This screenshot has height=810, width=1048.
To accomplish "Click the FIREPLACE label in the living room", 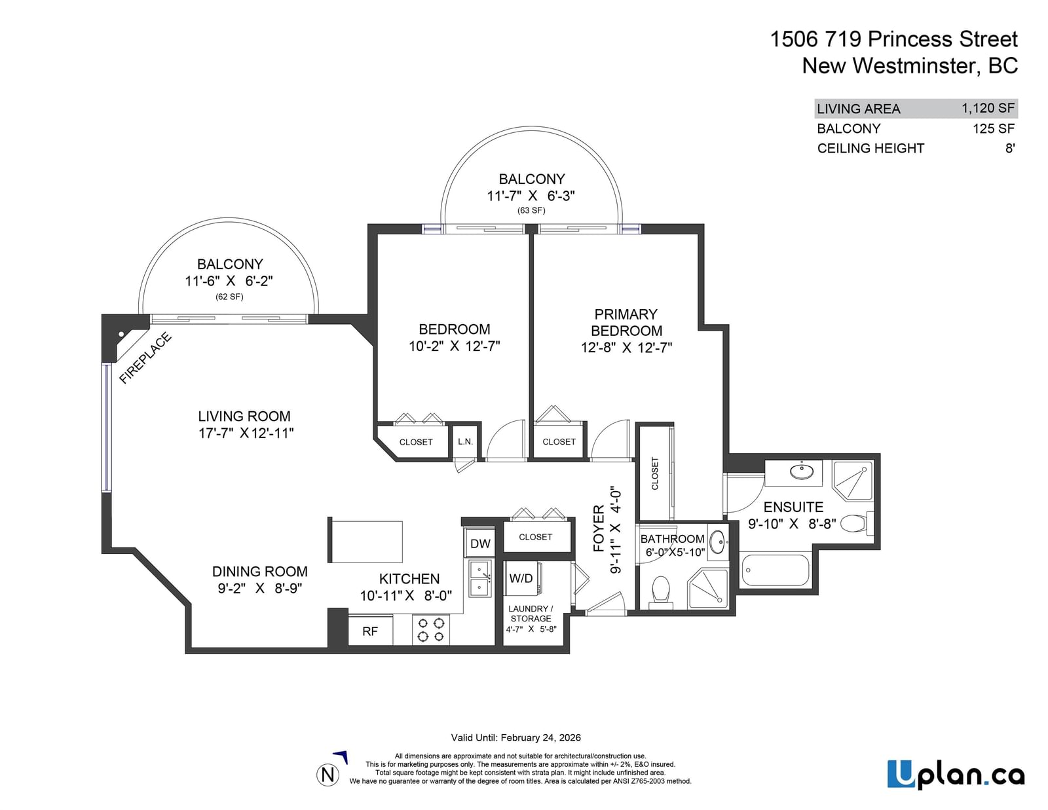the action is coord(145,358).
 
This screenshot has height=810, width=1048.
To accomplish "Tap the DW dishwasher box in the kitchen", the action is coord(480,543).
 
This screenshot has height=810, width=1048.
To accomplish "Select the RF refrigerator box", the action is coord(370,631).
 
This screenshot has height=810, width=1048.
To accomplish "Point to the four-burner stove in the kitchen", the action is coord(431,630).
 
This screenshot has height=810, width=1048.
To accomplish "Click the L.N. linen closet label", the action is coord(465,441).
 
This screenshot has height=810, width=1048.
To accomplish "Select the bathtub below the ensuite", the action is coord(775,570).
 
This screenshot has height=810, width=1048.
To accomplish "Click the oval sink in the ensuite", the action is coord(802,472).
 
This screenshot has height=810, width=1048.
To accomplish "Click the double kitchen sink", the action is coord(480,579).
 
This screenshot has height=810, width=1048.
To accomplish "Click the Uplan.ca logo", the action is coord(956,775).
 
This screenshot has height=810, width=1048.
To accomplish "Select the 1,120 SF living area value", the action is coord(988,108).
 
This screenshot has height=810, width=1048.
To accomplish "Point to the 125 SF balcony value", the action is coord(994,128).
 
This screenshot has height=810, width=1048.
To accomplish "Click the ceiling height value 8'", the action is coord(1010,148).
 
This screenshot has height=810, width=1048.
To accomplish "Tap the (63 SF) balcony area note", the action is coord(531,210).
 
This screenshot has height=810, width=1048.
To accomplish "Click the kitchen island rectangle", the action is coord(365,541).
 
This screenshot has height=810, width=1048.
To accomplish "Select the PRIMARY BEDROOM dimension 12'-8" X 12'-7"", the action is coord(626,347).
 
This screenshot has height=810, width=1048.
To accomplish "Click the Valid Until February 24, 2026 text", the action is coord(515,738).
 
